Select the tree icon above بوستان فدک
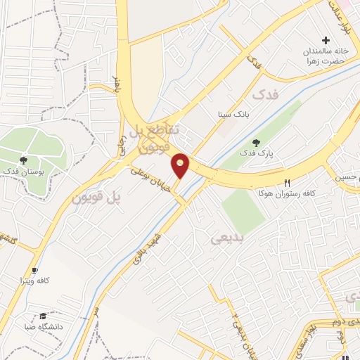[25, 160]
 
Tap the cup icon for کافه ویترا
[34, 270]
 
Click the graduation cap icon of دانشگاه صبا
[43, 316]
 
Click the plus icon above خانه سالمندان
[326, 41]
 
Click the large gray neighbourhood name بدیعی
[226, 238]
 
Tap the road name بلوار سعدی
[298, 340]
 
